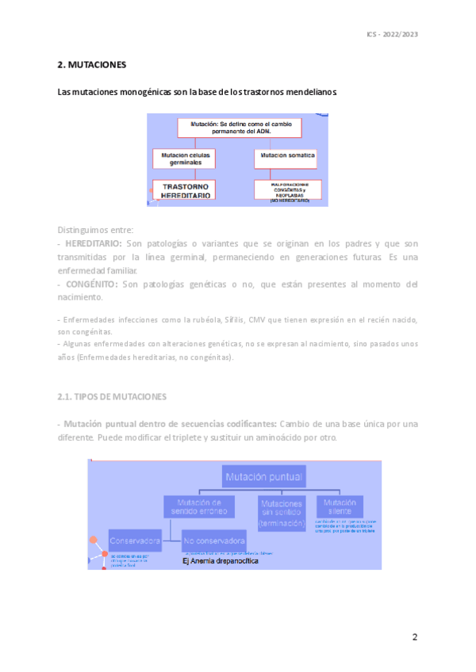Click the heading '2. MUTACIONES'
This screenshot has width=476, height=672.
coord(92,64)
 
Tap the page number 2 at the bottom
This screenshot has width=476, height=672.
coord(414,637)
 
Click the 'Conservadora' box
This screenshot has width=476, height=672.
coord(135,541)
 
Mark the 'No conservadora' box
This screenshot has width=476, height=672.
coord(213,541)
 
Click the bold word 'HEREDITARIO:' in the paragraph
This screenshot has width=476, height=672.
coord(94,243)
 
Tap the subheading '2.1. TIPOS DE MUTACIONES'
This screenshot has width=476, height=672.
coord(112,395)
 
